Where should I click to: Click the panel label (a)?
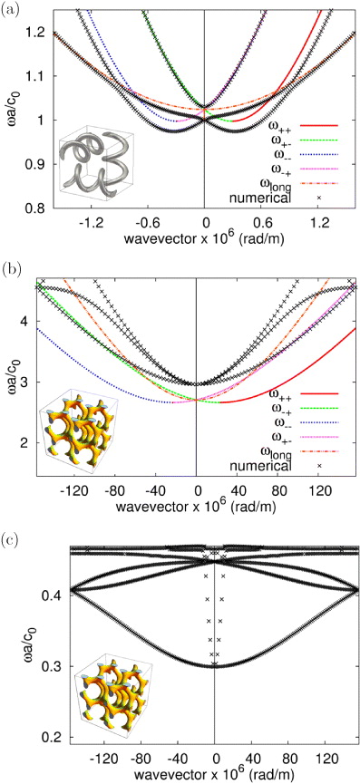(12, 10)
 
